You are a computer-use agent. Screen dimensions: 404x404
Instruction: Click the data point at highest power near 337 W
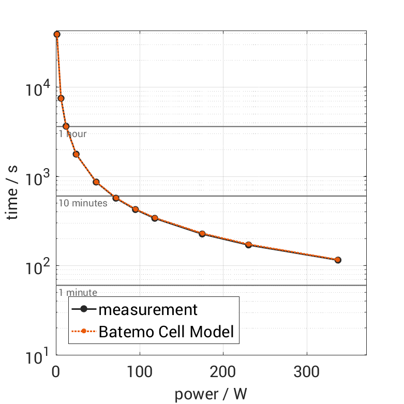click(338, 260)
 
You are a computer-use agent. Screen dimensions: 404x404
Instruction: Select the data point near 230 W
click(248, 245)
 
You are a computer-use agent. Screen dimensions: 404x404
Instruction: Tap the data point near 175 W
click(202, 234)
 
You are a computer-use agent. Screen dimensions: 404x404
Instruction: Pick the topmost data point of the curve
click(57, 34)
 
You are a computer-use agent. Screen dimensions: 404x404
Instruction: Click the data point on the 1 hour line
click(66, 126)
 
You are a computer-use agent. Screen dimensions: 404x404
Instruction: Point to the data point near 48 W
click(96, 182)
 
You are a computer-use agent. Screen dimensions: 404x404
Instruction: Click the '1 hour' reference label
click(72, 134)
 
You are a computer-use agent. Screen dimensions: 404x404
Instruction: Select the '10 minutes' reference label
click(83, 203)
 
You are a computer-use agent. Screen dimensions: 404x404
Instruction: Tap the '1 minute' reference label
click(78, 293)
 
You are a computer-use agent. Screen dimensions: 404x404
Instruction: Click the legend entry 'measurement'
click(148, 309)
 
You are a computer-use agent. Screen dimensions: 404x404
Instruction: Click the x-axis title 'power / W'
click(211, 394)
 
